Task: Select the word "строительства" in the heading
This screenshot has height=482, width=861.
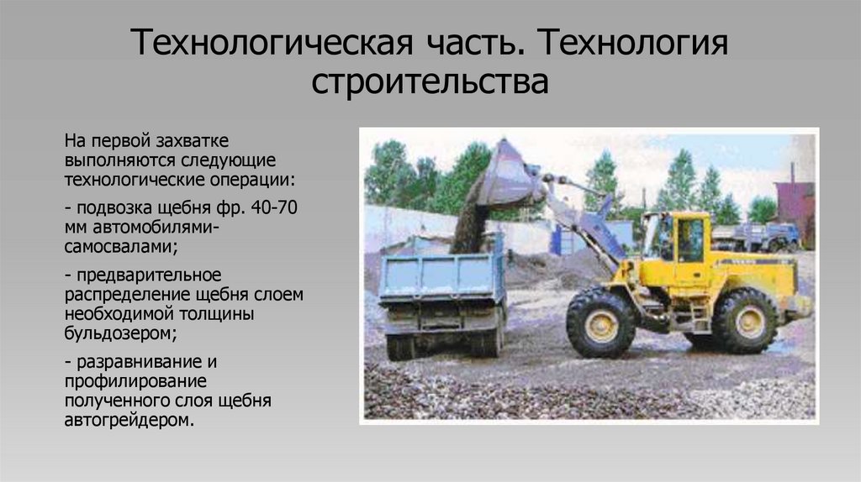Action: pyautogui.click(x=430, y=82)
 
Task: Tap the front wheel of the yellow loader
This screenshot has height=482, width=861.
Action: pyautogui.click(x=600, y=322)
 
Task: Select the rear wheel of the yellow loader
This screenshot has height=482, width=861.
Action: pyautogui.click(x=744, y=319)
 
